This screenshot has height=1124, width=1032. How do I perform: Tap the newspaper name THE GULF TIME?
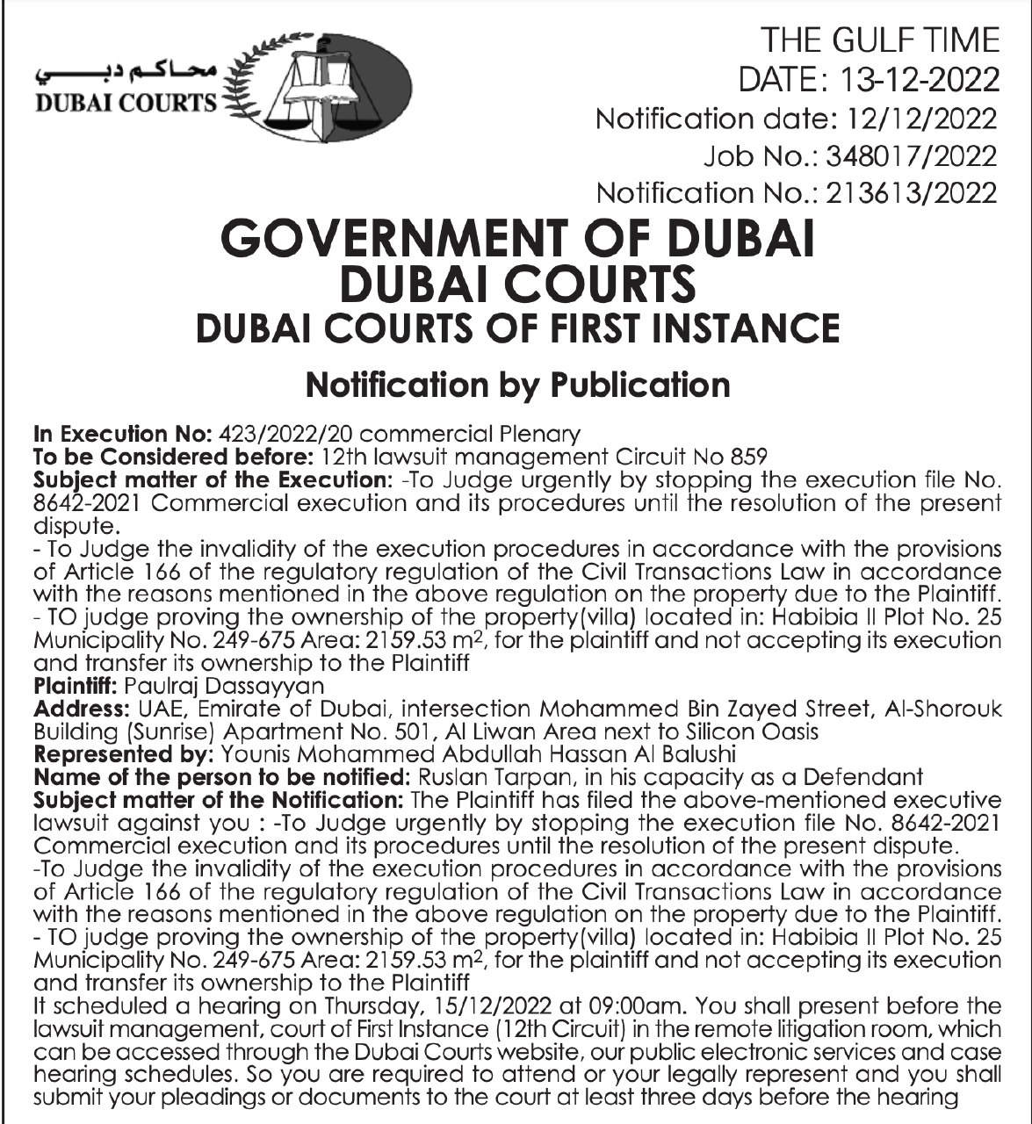coord(879,40)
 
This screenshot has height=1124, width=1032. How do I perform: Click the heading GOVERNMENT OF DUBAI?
coord(517,239)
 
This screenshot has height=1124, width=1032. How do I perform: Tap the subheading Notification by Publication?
coord(517,385)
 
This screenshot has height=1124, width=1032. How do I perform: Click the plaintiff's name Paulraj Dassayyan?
coord(225,684)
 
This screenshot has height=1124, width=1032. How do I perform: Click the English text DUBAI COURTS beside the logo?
coord(124,103)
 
